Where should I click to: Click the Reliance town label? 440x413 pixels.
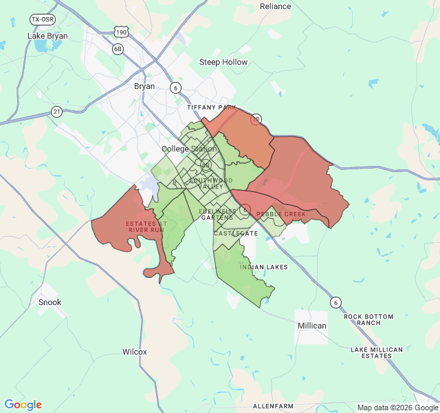(276, 6)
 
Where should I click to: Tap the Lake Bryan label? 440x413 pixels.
(47, 35)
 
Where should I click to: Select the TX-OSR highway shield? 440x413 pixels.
(43, 20)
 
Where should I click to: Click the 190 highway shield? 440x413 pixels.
(121, 32)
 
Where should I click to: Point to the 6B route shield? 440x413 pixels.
(118, 49)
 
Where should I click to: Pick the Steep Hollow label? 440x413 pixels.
(223, 62)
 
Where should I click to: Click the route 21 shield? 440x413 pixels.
(56, 111)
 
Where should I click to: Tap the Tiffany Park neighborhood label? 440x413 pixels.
(211, 108)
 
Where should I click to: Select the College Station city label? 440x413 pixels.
(189, 149)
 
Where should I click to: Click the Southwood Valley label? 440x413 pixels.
(206, 184)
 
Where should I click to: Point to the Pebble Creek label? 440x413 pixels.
(281, 214)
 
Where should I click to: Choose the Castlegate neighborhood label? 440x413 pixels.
(236, 233)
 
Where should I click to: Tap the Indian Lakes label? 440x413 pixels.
(264, 266)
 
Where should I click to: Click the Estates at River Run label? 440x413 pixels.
(145, 226)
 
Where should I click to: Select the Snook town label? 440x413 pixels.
(49, 302)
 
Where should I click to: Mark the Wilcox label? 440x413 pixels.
(135, 352)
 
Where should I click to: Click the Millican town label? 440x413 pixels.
(311, 325)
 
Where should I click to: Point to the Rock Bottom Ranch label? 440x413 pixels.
(369, 320)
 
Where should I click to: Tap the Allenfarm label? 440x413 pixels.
(274, 406)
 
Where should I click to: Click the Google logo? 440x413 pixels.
(23, 405)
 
